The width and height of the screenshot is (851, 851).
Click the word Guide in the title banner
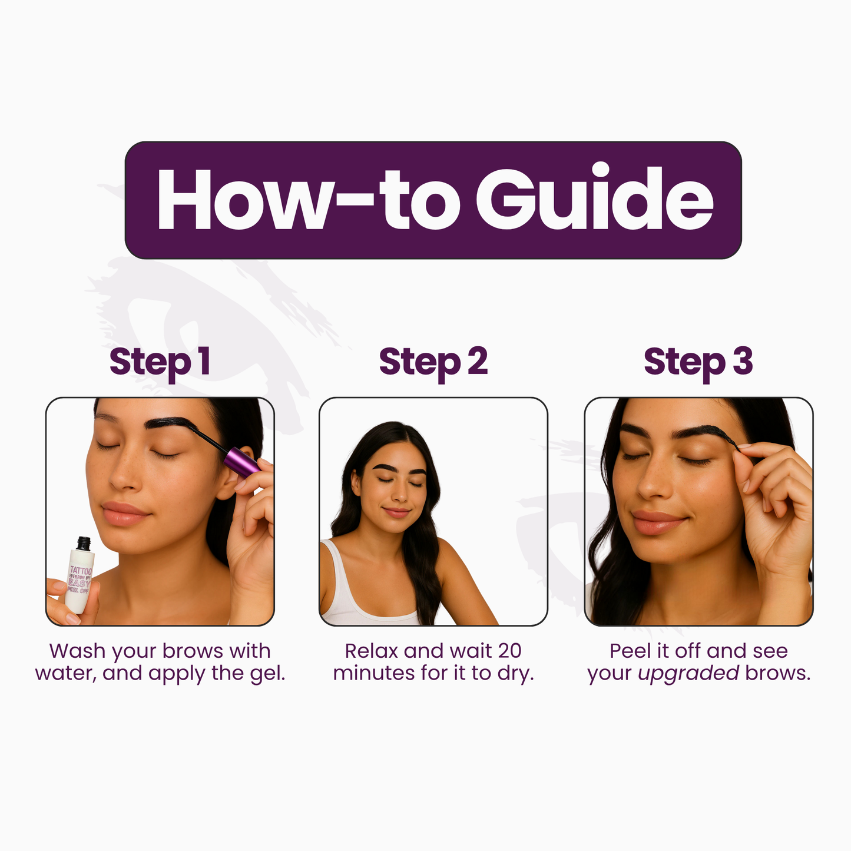click(x=595, y=199)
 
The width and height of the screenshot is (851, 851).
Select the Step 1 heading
click(x=160, y=362)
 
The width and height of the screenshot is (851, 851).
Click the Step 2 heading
click(x=433, y=362)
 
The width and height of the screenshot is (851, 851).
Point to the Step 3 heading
click(x=698, y=362)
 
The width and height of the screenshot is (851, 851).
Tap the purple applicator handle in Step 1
click(x=241, y=462)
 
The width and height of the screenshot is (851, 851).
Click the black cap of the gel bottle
click(x=84, y=542)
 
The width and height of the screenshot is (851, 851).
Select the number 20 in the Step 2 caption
click(x=509, y=651)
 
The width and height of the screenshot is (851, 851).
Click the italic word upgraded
click(x=688, y=673)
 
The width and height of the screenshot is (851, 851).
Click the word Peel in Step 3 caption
click(x=630, y=651)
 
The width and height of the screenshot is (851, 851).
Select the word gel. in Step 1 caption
click(x=267, y=673)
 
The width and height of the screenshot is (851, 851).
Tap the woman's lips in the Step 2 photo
click(x=396, y=511)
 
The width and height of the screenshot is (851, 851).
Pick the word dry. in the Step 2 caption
click(x=516, y=673)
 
